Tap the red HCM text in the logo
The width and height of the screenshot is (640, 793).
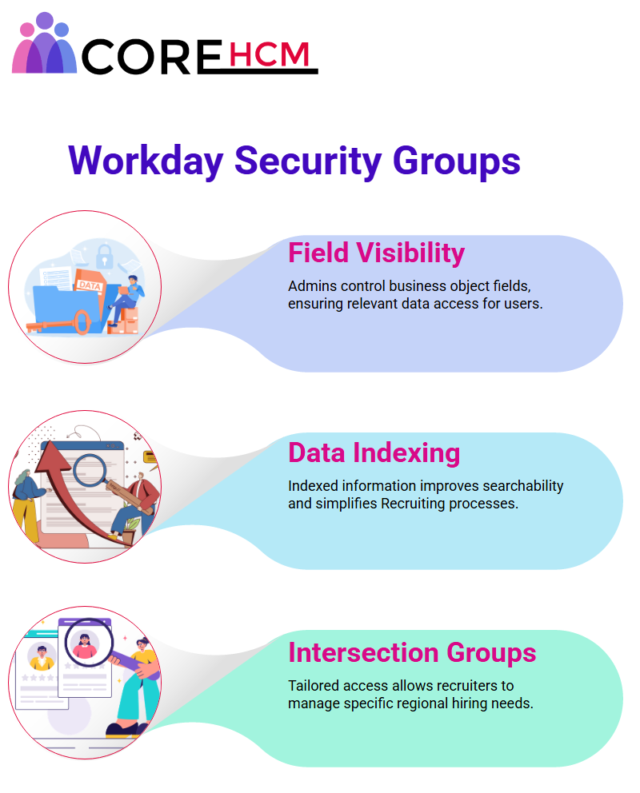pyautogui.click(x=269, y=54)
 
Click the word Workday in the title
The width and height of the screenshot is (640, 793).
pyautogui.click(x=146, y=161)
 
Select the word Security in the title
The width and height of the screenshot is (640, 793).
pyautogui.click(x=308, y=161)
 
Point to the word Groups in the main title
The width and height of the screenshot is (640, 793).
pyautogui.click(x=456, y=161)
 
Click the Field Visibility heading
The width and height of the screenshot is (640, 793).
pyautogui.click(x=377, y=253)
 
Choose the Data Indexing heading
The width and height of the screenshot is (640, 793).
pyautogui.click(x=374, y=452)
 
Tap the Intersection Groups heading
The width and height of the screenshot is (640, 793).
pyautogui.click(x=412, y=652)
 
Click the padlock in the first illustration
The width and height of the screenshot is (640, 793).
pyautogui.click(x=105, y=256)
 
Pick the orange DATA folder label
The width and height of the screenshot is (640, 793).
pyautogui.click(x=90, y=285)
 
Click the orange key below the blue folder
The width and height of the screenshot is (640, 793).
pyautogui.click(x=58, y=323)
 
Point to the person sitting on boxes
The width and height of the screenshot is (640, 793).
pyautogui.click(x=127, y=300)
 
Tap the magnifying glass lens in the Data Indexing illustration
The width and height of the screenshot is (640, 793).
pyautogui.click(x=89, y=470)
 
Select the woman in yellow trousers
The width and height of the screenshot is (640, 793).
pyautogui.click(x=28, y=506)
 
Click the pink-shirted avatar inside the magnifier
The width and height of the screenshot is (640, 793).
pyautogui.click(x=85, y=646)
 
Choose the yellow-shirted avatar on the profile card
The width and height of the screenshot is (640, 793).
pyautogui.click(x=42, y=657)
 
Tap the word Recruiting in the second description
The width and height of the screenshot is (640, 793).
pyautogui.click(x=413, y=504)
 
